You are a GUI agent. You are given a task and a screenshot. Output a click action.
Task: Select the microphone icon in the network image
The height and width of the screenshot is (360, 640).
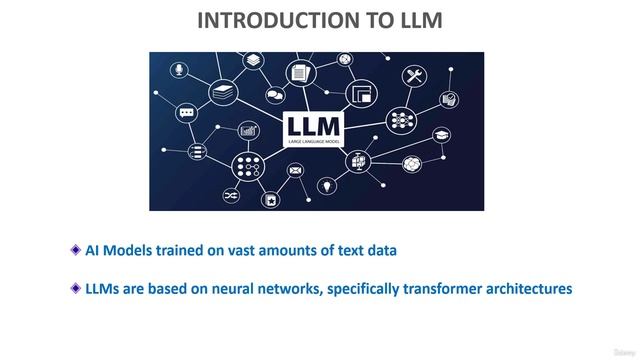coord(179,69)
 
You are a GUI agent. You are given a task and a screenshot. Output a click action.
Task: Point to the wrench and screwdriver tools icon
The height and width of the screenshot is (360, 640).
coord(414,75)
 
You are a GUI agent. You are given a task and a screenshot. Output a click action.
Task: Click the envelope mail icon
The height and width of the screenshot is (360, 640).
coord(295,170)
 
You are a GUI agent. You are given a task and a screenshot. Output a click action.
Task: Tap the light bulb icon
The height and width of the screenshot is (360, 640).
coord(326,187)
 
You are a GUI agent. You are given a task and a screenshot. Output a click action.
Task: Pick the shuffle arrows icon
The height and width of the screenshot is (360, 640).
coord(231,194)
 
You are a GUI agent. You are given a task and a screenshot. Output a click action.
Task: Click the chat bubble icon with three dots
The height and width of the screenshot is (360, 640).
coord(186,113)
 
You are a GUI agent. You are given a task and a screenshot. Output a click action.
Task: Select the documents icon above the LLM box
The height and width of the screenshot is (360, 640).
coord(299,72)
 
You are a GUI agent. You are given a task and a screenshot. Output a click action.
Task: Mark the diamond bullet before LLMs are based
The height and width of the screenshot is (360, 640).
coord(76,288)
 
